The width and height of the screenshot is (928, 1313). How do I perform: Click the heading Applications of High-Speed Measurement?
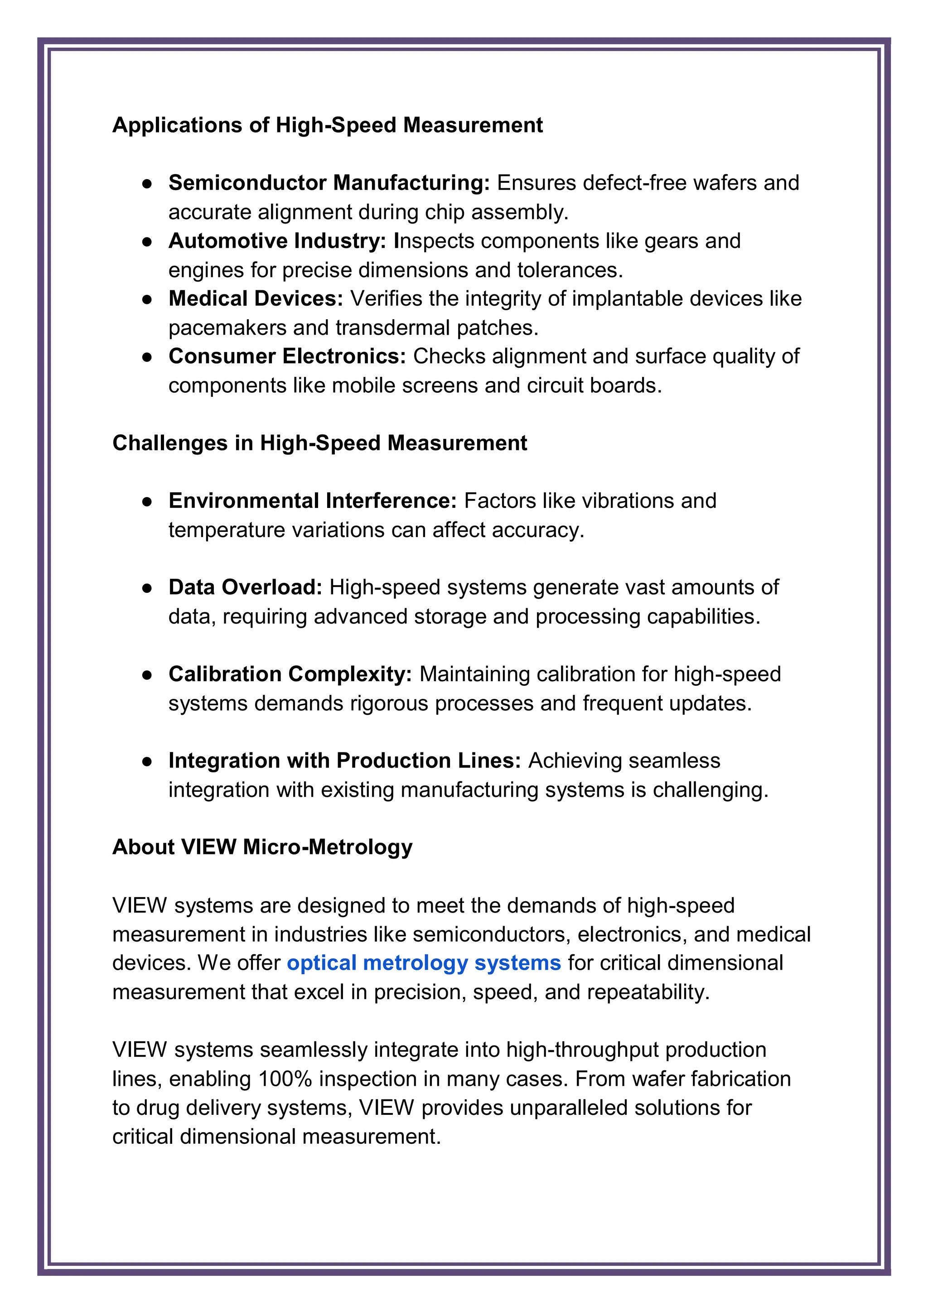[328, 125]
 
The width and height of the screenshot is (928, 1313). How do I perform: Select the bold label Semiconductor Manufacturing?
[329, 183]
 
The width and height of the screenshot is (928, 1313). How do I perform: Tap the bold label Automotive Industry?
[278, 241]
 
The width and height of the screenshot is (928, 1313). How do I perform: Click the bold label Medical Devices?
[256, 298]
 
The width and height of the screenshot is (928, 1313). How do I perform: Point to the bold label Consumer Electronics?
[287, 356]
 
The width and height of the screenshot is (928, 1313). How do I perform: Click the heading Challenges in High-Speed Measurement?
[319, 443]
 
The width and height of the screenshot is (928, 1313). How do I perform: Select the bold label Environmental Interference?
[312, 501]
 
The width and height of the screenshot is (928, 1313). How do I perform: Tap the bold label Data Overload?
[246, 587]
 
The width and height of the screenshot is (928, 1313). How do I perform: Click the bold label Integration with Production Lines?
[344, 761]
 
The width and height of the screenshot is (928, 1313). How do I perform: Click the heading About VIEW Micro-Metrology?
[262, 847]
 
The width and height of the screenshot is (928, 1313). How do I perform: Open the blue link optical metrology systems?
[423, 963]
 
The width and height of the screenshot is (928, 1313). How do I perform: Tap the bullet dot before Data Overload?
[147, 588]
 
